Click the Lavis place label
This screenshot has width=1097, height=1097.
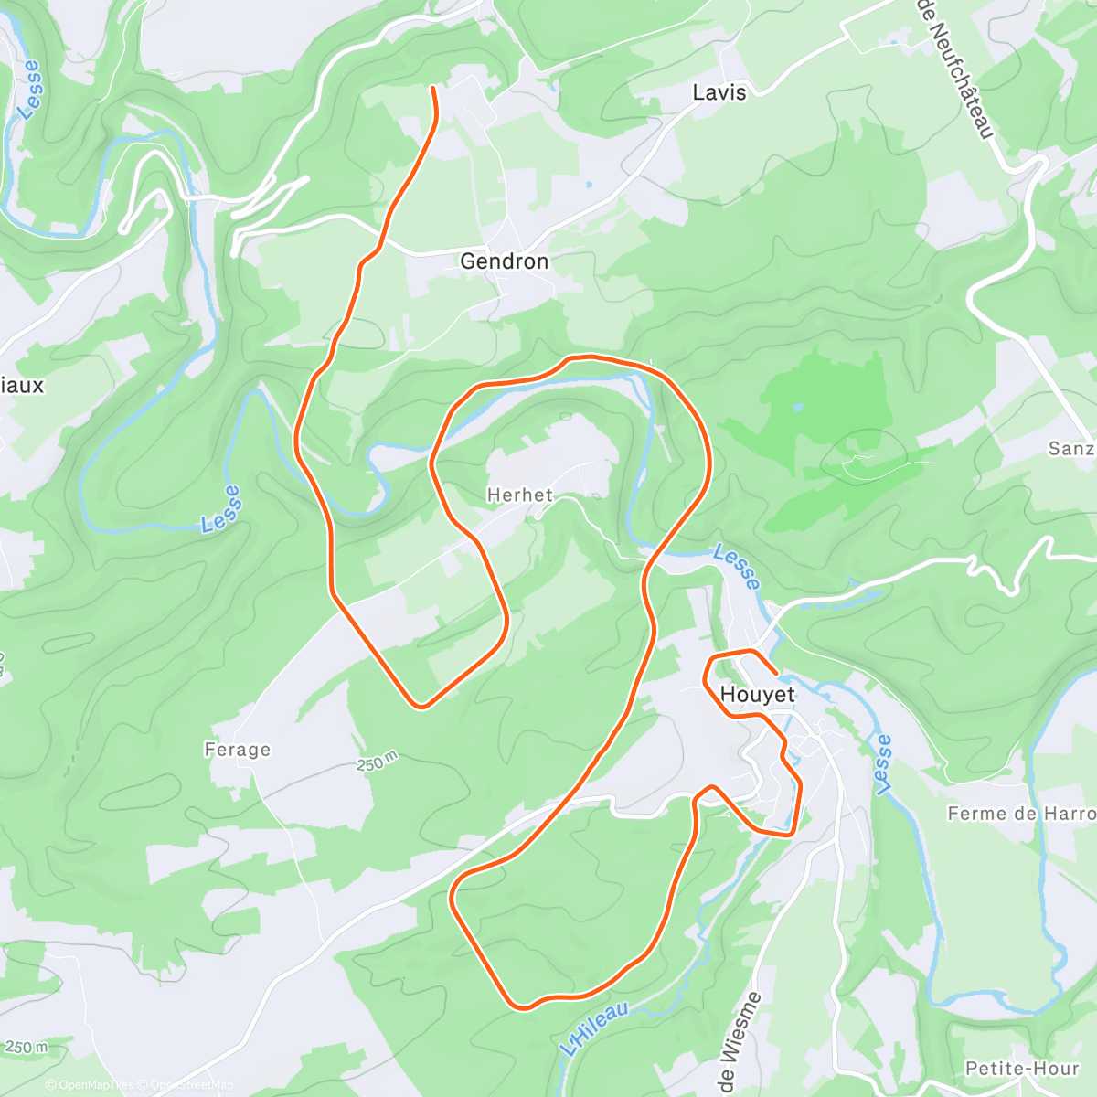[719, 92]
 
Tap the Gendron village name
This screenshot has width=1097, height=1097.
[504, 261]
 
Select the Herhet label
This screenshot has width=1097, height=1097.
[519, 495]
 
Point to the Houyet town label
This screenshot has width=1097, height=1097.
[757, 695]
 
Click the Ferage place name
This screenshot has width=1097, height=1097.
[238, 750]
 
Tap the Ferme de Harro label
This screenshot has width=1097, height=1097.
[1020, 814]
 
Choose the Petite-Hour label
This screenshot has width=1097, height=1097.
[1022, 1069]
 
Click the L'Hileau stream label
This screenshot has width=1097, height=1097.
[595, 1028]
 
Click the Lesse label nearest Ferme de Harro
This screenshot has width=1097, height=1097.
[881, 764]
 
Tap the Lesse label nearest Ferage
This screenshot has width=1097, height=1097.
[221, 508]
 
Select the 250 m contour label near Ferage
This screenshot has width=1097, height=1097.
[378, 761]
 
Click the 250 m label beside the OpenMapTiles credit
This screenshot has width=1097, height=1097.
[26, 1047]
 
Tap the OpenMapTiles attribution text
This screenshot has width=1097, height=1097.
[95, 1085]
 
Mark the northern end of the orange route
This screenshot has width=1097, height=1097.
[432, 88]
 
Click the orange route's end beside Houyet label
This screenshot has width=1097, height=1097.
[776, 674]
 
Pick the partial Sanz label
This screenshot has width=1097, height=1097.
[1071, 449]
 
